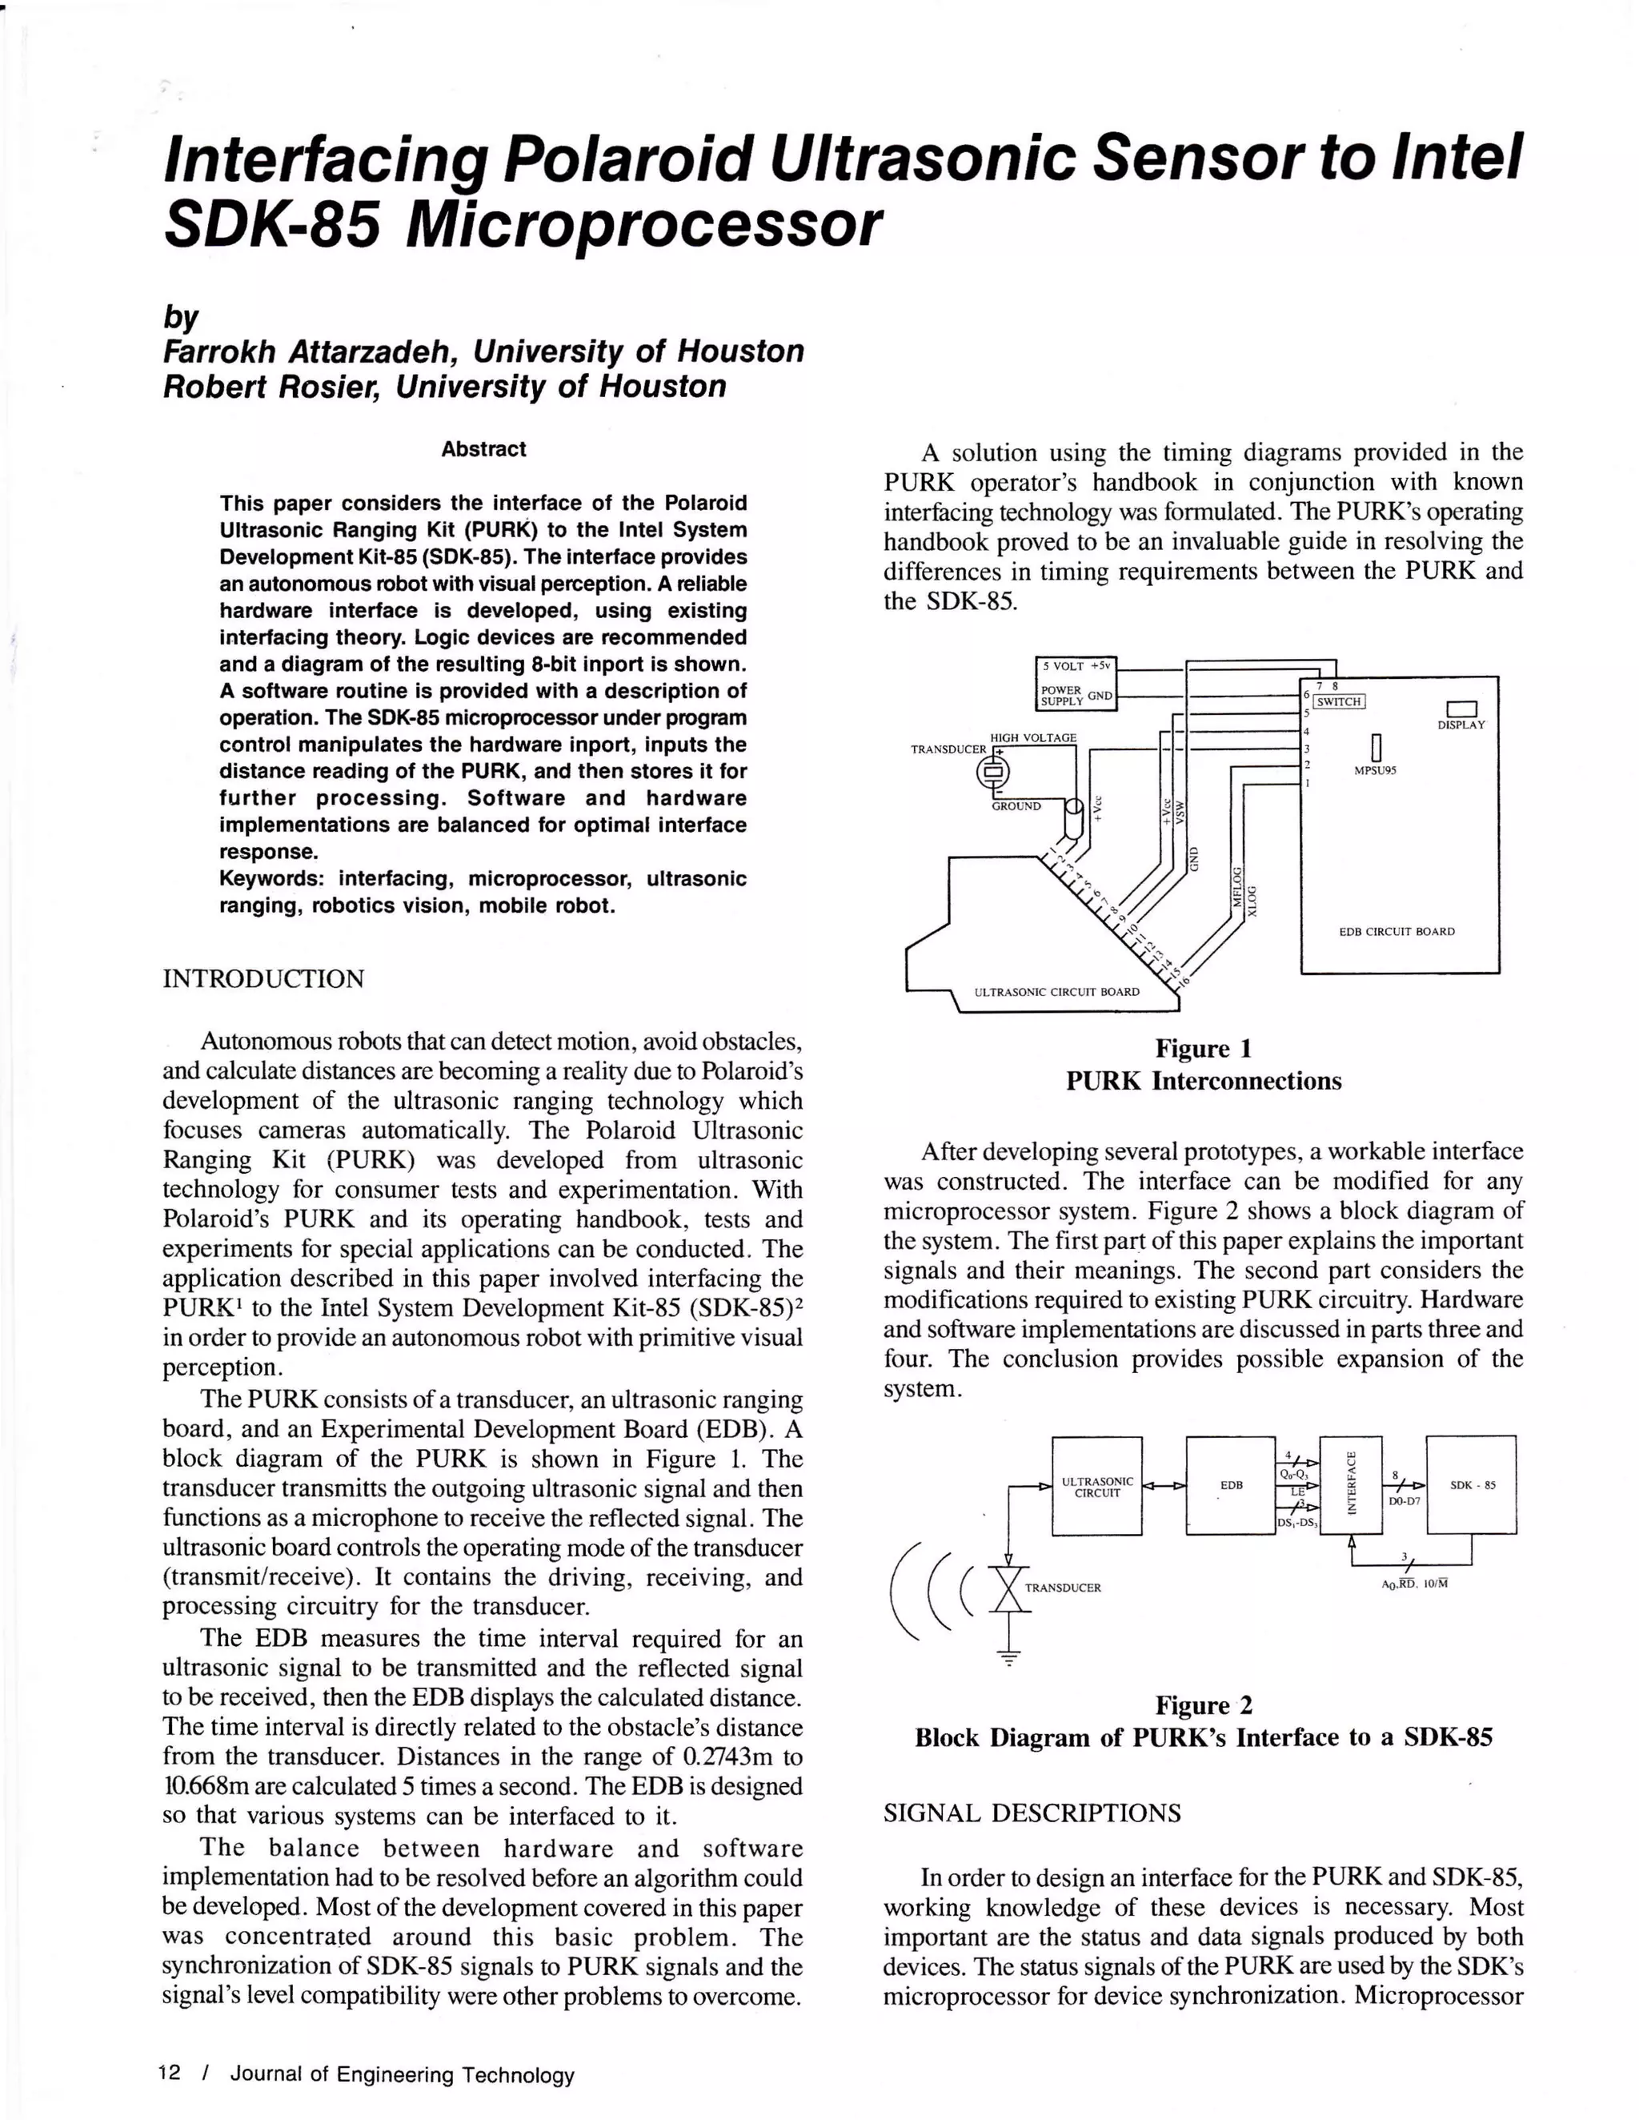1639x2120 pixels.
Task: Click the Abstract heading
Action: tap(483, 449)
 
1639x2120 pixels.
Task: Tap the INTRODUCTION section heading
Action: tap(264, 978)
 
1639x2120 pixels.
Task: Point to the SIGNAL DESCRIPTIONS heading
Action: tap(1032, 1813)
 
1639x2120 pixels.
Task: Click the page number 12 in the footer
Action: tap(170, 2073)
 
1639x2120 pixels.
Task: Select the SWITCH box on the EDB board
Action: tap(1339, 701)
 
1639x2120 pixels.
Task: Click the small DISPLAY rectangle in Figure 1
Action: tap(1461, 709)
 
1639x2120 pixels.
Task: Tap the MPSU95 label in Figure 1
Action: tap(1375, 771)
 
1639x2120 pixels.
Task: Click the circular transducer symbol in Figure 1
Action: tap(992, 772)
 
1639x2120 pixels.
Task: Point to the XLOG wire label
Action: tap(1252, 900)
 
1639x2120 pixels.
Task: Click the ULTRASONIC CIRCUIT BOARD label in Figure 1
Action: tap(1056, 991)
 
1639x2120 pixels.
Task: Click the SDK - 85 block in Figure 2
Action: tap(1471, 1484)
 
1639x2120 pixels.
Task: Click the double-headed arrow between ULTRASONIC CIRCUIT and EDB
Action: tap(1164, 1485)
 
